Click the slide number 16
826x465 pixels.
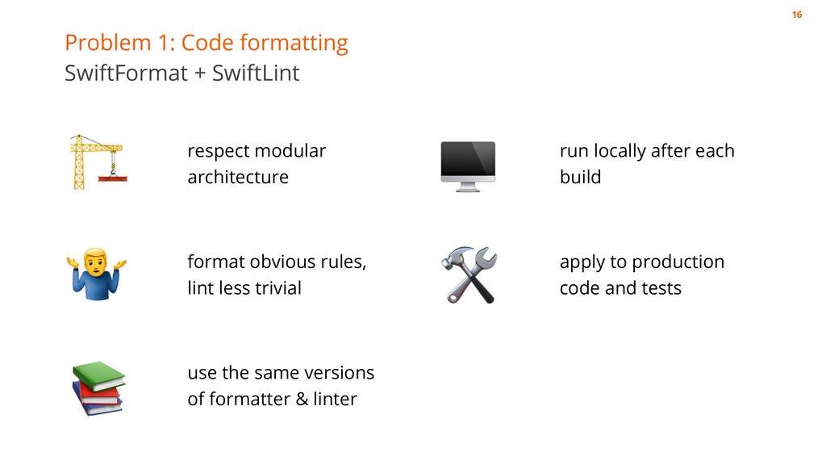click(x=797, y=15)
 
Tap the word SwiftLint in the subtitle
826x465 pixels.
click(x=255, y=73)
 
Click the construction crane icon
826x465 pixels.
click(x=96, y=162)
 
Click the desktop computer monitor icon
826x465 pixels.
click(x=468, y=165)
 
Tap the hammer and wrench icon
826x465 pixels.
click(x=469, y=274)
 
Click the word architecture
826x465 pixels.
click(x=237, y=177)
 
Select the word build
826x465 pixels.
click(x=580, y=177)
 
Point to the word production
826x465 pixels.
click(x=678, y=262)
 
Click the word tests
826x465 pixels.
click(x=661, y=288)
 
